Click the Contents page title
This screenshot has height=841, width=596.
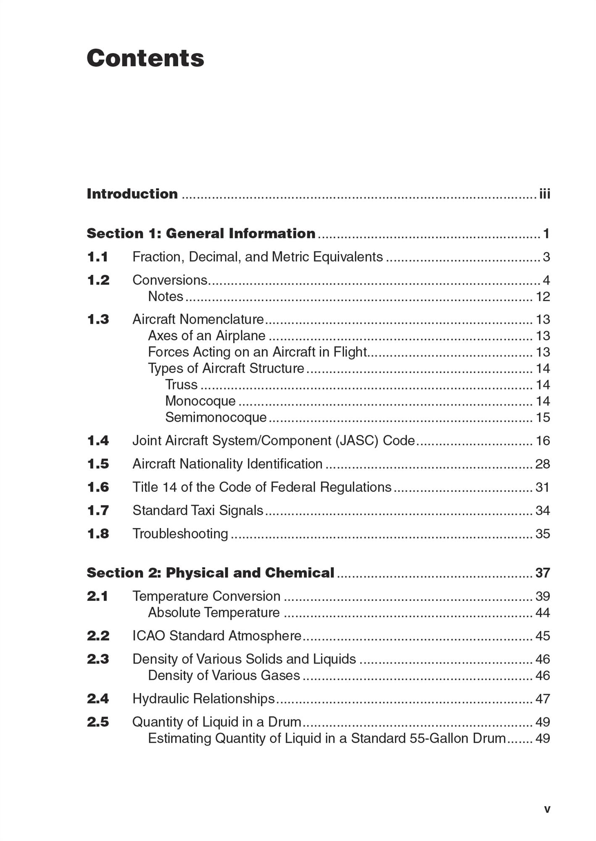pyautogui.click(x=145, y=58)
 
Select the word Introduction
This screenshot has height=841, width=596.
pyautogui.click(x=132, y=194)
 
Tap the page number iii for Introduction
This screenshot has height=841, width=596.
pyautogui.click(x=545, y=194)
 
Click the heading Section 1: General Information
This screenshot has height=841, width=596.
pyautogui.click(x=201, y=233)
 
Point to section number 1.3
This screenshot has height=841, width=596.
pyautogui.click(x=98, y=320)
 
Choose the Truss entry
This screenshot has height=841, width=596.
pyautogui.click(x=181, y=385)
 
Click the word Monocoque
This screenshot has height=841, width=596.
pyautogui.click(x=200, y=401)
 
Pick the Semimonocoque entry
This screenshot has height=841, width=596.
pyautogui.click(x=216, y=418)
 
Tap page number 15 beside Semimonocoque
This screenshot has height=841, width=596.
pyautogui.click(x=543, y=418)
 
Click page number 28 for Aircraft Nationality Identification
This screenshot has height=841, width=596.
pyautogui.click(x=543, y=464)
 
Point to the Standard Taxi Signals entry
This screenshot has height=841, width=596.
pyautogui.click(x=198, y=510)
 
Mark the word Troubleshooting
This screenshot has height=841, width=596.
pyautogui.click(x=180, y=534)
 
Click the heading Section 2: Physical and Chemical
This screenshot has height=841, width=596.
pyautogui.click(x=210, y=573)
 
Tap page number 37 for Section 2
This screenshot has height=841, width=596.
pyautogui.click(x=543, y=573)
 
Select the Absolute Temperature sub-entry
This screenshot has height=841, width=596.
pyautogui.click(x=214, y=613)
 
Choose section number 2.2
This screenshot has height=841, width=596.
pyautogui.click(x=98, y=636)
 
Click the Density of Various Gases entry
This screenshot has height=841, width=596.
pyautogui.click(x=224, y=676)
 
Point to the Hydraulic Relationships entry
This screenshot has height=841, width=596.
pyautogui.click(x=203, y=699)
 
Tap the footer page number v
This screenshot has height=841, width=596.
pyautogui.click(x=547, y=809)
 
